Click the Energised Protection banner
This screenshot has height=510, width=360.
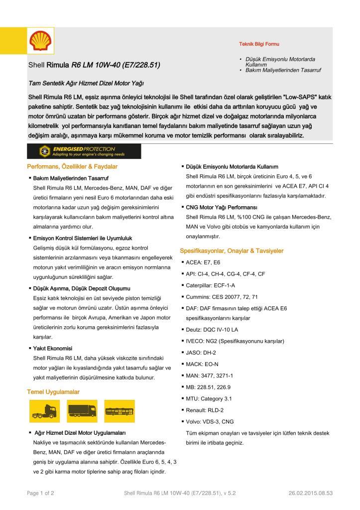(84, 151)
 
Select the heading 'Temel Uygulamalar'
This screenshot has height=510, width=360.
(53, 392)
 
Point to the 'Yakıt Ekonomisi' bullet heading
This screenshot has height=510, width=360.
(53, 348)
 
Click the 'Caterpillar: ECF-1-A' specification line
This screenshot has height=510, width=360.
(210, 285)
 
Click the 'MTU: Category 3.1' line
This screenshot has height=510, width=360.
(209, 398)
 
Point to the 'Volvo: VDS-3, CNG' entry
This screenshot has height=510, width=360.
(210, 421)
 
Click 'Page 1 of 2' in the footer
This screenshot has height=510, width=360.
(40, 493)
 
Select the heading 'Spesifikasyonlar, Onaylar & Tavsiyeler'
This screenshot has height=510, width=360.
(232, 251)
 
